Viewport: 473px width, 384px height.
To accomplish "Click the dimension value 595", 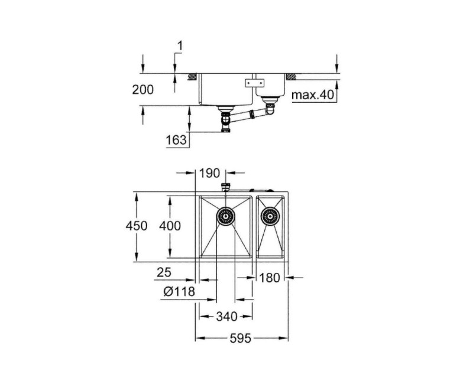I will (241, 339).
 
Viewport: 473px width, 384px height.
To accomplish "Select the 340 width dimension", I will (226, 317).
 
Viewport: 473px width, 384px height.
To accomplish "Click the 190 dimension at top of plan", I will (209, 173).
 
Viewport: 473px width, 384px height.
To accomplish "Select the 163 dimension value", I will (177, 140).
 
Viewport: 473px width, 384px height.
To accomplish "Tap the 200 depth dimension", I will (142, 90).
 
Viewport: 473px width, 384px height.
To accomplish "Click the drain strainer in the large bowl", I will (226, 216).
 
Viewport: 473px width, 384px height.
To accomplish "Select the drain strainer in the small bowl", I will (270, 216).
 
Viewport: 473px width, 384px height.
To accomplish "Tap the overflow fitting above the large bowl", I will (225, 187).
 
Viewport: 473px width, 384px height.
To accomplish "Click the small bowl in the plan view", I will (270, 227).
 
